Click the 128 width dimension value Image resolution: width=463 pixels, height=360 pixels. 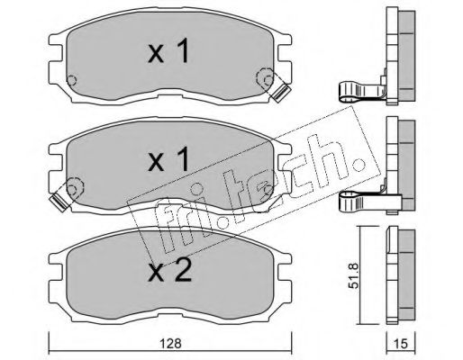pos(170,343)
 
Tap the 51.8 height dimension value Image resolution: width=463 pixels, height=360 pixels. pos(355,275)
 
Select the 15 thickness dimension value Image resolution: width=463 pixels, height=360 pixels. pos(401,344)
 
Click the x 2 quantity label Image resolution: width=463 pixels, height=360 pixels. pos(169,270)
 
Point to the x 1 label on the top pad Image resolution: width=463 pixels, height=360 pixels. pos(168,50)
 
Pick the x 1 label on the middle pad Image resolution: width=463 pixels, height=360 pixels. pos(168,159)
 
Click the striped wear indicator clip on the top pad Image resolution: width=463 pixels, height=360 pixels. pos(280,93)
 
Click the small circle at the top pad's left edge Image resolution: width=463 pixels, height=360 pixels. pos(71,80)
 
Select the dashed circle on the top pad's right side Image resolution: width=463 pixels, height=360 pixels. pos(265,78)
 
